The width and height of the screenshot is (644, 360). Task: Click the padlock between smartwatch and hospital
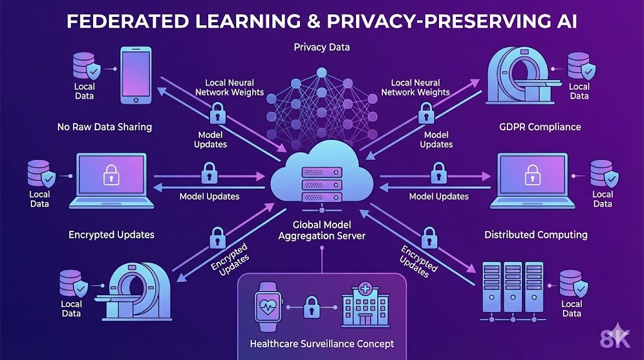coord(309,308)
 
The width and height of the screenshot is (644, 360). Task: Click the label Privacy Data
coord(321,48)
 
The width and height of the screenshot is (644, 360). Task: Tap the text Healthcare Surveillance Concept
coord(321,344)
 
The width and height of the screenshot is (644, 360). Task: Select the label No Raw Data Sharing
coord(104,127)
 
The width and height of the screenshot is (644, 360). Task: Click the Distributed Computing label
coord(536,235)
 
